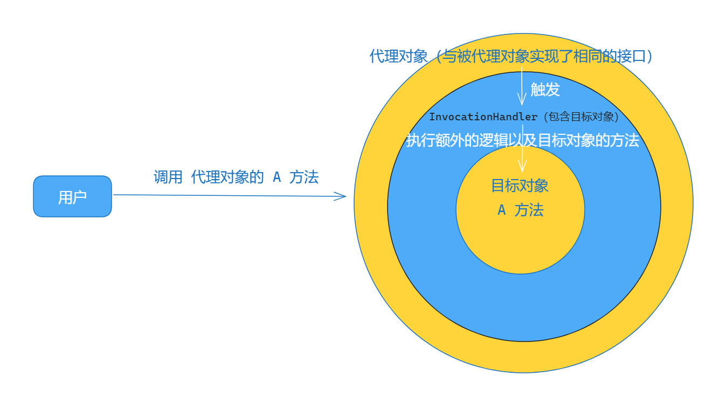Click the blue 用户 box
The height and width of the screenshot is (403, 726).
point(72,196)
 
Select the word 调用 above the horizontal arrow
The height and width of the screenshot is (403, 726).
point(168,177)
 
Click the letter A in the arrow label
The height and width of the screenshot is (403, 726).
point(276,177)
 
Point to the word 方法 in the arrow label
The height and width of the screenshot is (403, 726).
point(304,177)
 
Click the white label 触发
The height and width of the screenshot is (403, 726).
point(545,90)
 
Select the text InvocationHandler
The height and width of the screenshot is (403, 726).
point(483,117)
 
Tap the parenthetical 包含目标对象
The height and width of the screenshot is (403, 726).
point(581,117)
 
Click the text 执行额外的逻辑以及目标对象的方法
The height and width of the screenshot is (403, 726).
point(522,140)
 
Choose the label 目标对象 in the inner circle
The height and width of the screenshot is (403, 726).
point(520,186)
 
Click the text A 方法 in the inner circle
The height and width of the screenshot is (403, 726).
point(520,210)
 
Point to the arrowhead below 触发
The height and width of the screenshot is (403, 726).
point(522,100)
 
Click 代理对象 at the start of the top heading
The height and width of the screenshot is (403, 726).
point(399,56)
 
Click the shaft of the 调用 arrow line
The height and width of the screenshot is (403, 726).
point(226,195)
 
